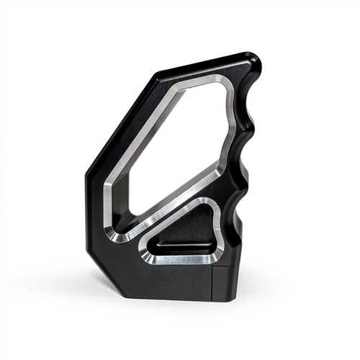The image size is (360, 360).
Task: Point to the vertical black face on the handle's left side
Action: (94, 209)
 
